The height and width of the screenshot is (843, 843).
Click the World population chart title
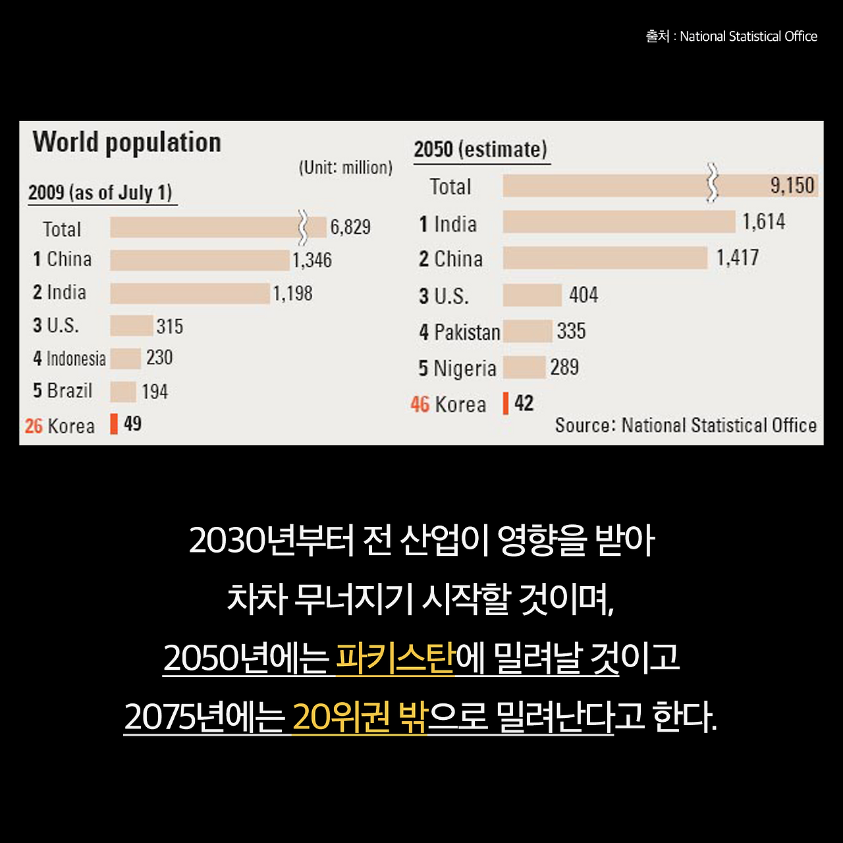click(x=126, y=142)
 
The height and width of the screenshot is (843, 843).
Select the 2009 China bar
click(x=200, y=260)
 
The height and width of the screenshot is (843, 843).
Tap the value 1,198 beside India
click(x=293, y=293)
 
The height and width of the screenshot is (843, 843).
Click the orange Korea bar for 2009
click(x=114, y=424)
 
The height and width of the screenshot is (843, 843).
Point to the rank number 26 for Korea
click(x=34, y=426)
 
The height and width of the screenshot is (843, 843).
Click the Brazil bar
click(x=123, y=391)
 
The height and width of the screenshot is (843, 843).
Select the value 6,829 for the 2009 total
click(x=350, y=227)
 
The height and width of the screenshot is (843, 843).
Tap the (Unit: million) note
click(x=346, y=167)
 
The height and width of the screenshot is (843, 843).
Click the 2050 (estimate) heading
click(x=480, y=150)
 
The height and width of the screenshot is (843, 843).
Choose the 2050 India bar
click(x=619, y=222)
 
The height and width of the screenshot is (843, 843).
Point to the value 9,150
click(x=792, y=186)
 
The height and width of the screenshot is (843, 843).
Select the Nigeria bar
click(x=524, y=367)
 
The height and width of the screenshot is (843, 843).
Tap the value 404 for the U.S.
click(x=584, y=294)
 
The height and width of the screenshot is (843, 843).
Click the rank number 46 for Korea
click(x=420, y=404)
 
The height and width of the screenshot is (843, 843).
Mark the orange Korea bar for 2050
click(x=506, y=404)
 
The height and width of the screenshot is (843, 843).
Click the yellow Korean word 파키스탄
click(x=395, y=657)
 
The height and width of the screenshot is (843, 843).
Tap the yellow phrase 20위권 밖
click(x=360, y=717)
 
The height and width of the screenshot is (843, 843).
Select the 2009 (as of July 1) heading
click(x=100, y=193)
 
